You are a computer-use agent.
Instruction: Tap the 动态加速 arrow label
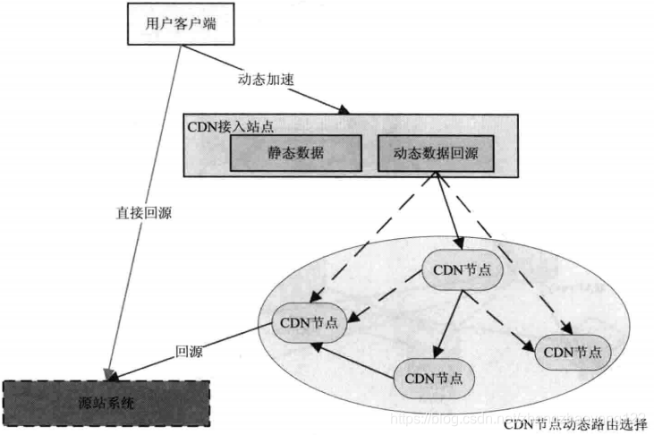tap(265, 79)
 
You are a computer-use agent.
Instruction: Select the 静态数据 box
tap(296, 154)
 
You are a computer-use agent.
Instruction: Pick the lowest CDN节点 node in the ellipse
tap(433, 377)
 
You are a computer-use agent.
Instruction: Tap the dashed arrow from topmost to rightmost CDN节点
tap(520, 315)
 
